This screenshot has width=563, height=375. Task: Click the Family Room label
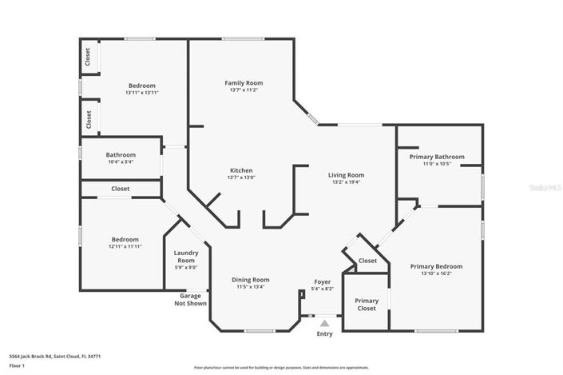point(244,83)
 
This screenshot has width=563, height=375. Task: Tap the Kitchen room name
point(241,170)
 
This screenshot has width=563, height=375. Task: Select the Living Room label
point(346,175)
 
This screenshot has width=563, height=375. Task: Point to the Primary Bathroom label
point(437,157)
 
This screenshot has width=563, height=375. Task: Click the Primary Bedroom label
point(436,266)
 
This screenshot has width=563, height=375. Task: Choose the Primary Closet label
point(367,304)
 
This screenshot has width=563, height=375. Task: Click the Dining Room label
point(250,280)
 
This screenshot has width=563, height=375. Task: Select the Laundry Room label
point(186,257)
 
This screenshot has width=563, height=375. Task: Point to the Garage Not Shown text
point(192,300)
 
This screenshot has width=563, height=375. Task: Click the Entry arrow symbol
point(324,323)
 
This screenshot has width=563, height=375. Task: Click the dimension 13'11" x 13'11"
point(141,93)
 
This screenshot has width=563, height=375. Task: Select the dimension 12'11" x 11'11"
point(125,246)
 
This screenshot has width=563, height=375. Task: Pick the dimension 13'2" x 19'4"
point(346,182)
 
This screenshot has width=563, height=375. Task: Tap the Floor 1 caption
point(18,366)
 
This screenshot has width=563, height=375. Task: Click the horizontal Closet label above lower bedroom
point(121,189)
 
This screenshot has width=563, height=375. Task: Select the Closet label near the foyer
point(367,261)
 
